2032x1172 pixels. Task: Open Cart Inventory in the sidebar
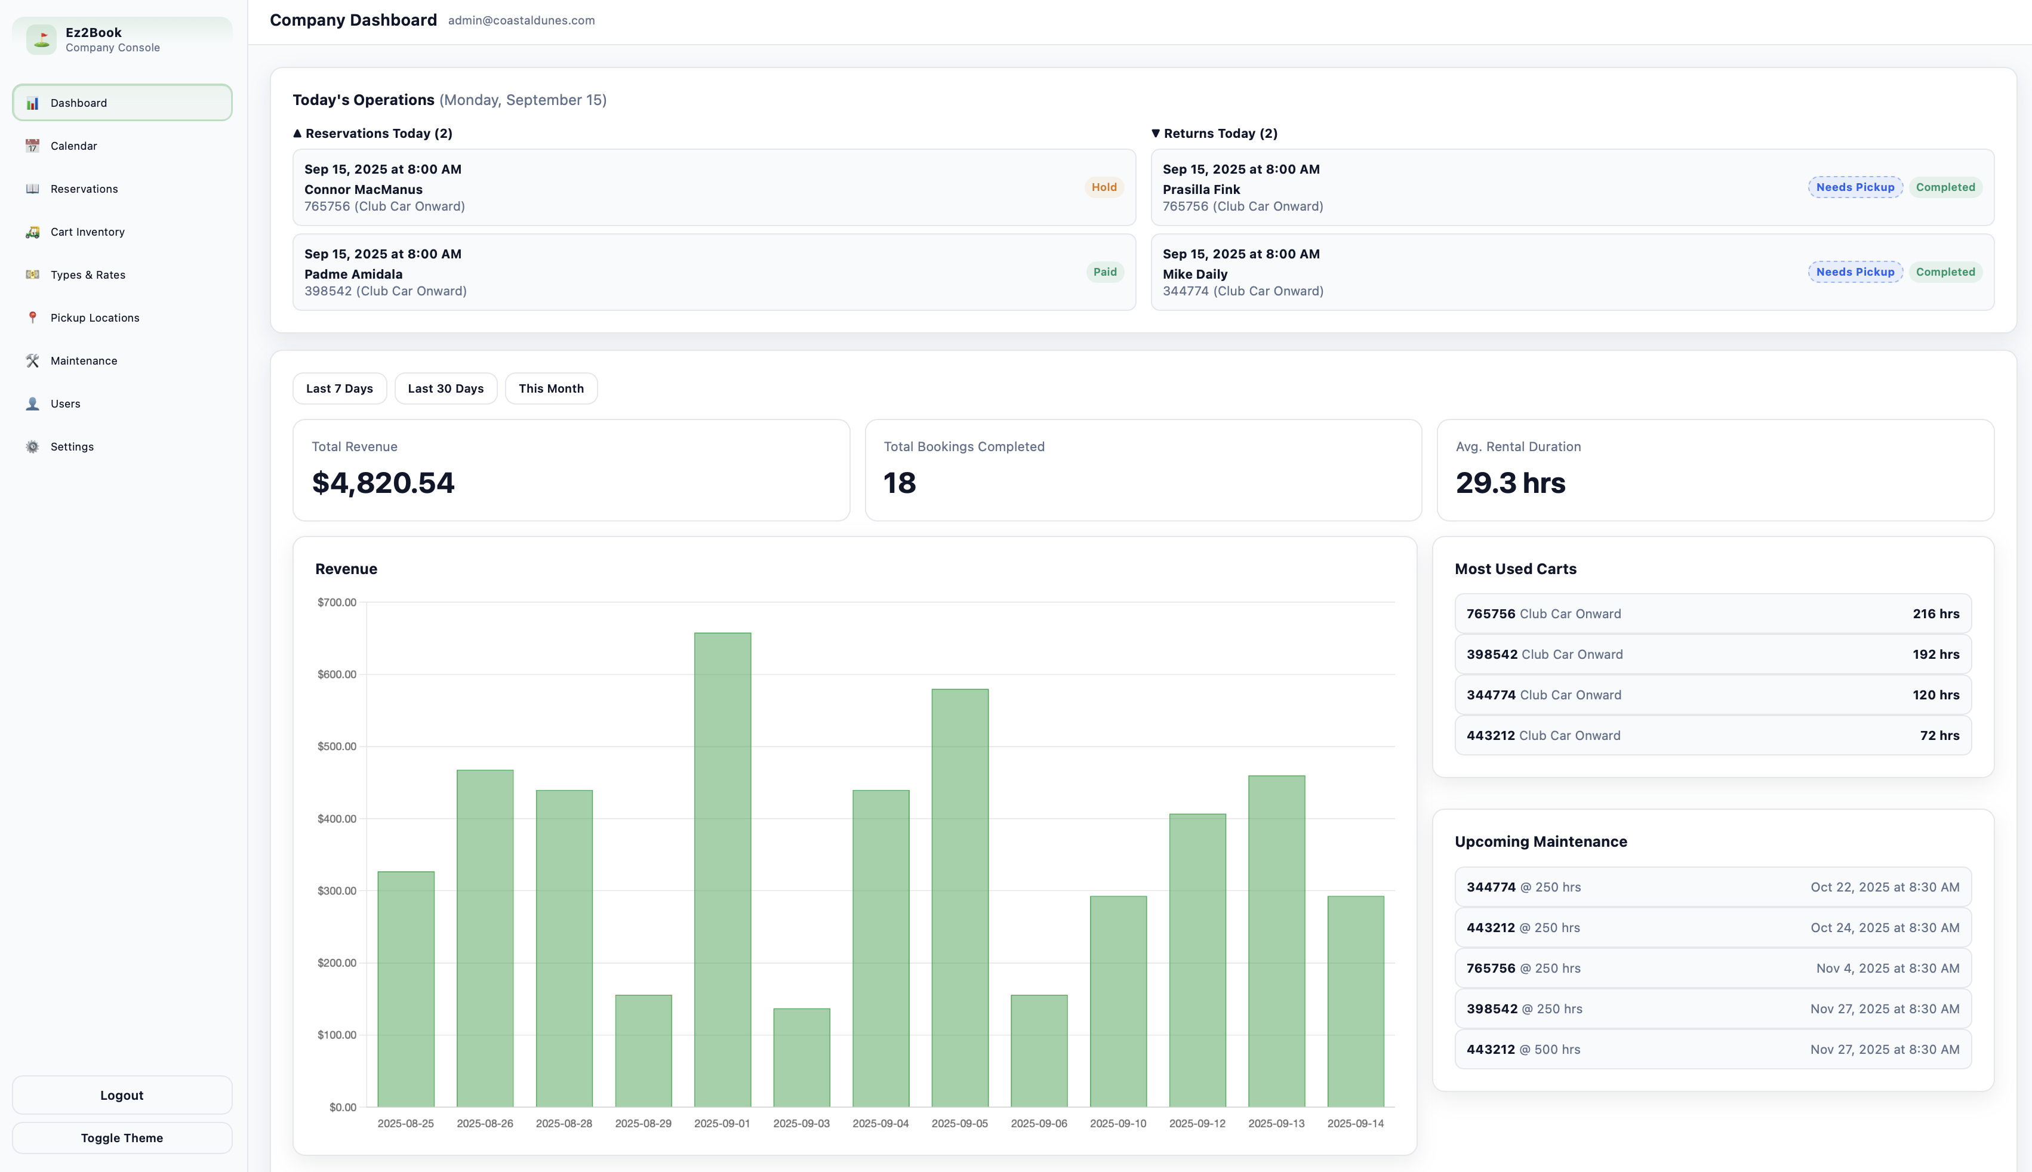[87, 232]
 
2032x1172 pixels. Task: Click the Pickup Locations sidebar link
[94, 318]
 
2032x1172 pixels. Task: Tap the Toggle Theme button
[122, 1137]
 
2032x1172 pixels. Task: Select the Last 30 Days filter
[445, 389]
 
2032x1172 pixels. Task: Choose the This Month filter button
[550, 389]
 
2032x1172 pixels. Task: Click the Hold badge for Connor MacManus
[1104, 187]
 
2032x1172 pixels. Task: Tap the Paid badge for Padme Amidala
[1104, 272]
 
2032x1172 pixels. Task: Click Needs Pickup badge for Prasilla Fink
[1855, 187]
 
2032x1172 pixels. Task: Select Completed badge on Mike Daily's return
[1945, 272]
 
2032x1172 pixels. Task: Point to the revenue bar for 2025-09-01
[722, 869]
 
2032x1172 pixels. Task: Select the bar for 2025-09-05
[960, 897]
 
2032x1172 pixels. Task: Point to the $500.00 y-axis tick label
[337, 746]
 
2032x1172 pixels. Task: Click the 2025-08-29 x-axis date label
[642, 1124]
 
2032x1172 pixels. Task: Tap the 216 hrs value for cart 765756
[1935, 614]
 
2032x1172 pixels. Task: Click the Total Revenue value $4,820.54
[383, 483]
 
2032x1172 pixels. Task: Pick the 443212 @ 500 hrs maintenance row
[1713, 1050]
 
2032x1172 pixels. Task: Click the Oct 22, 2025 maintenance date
[1885, 887]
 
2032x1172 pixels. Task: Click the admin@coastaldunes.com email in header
[521, 21]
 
